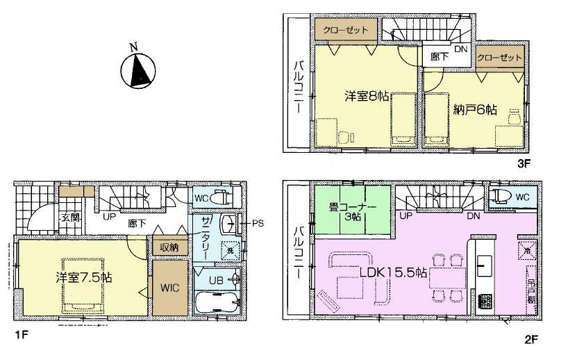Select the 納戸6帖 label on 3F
[x=474, y=110]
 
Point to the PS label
[x=256, y=224]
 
